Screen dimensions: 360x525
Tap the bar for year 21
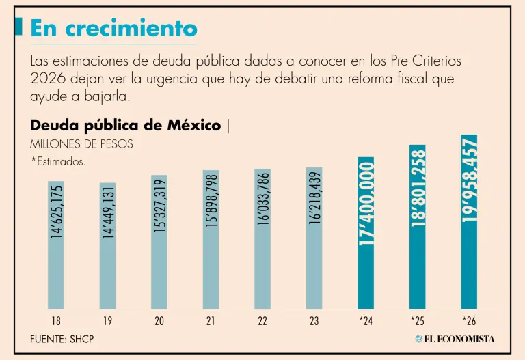click(x=211, y=239)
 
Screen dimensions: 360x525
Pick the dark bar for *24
click(x=366, y=232)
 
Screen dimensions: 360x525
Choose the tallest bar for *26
click(x=469, y=221)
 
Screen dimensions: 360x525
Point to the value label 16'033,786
click(x=263, y=198)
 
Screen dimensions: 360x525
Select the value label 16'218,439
click(x=314, y=197)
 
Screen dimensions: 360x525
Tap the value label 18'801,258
click(x=418, y=187)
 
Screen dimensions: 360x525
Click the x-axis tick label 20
click(x=159, y=320)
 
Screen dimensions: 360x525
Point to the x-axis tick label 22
click(x=262, y=320)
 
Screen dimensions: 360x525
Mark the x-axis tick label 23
click(x=314, y=320)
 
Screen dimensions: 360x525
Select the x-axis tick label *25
click(x=417, y=320)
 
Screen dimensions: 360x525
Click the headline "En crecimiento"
click(x=113, y=28)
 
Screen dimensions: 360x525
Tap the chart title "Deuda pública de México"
click(x=126, y=126)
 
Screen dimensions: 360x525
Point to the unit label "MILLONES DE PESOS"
click(x=81, y=144)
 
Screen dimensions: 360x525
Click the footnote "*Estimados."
click(x=58, y=162)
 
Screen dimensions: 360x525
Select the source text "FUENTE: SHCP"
click(x=62, y=339)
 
